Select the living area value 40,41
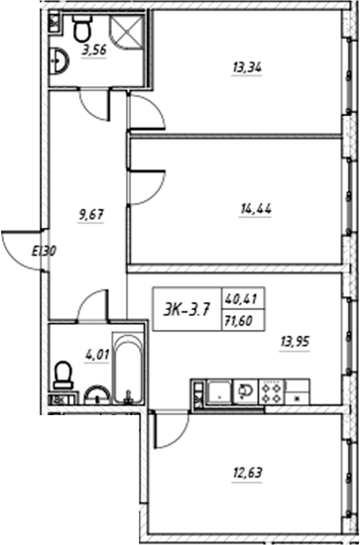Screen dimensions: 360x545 pos(239,294)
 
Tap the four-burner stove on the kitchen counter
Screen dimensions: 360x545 pos(272,391)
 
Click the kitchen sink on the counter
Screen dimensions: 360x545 pos(241,391)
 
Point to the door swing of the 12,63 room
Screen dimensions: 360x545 pos(172,429)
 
